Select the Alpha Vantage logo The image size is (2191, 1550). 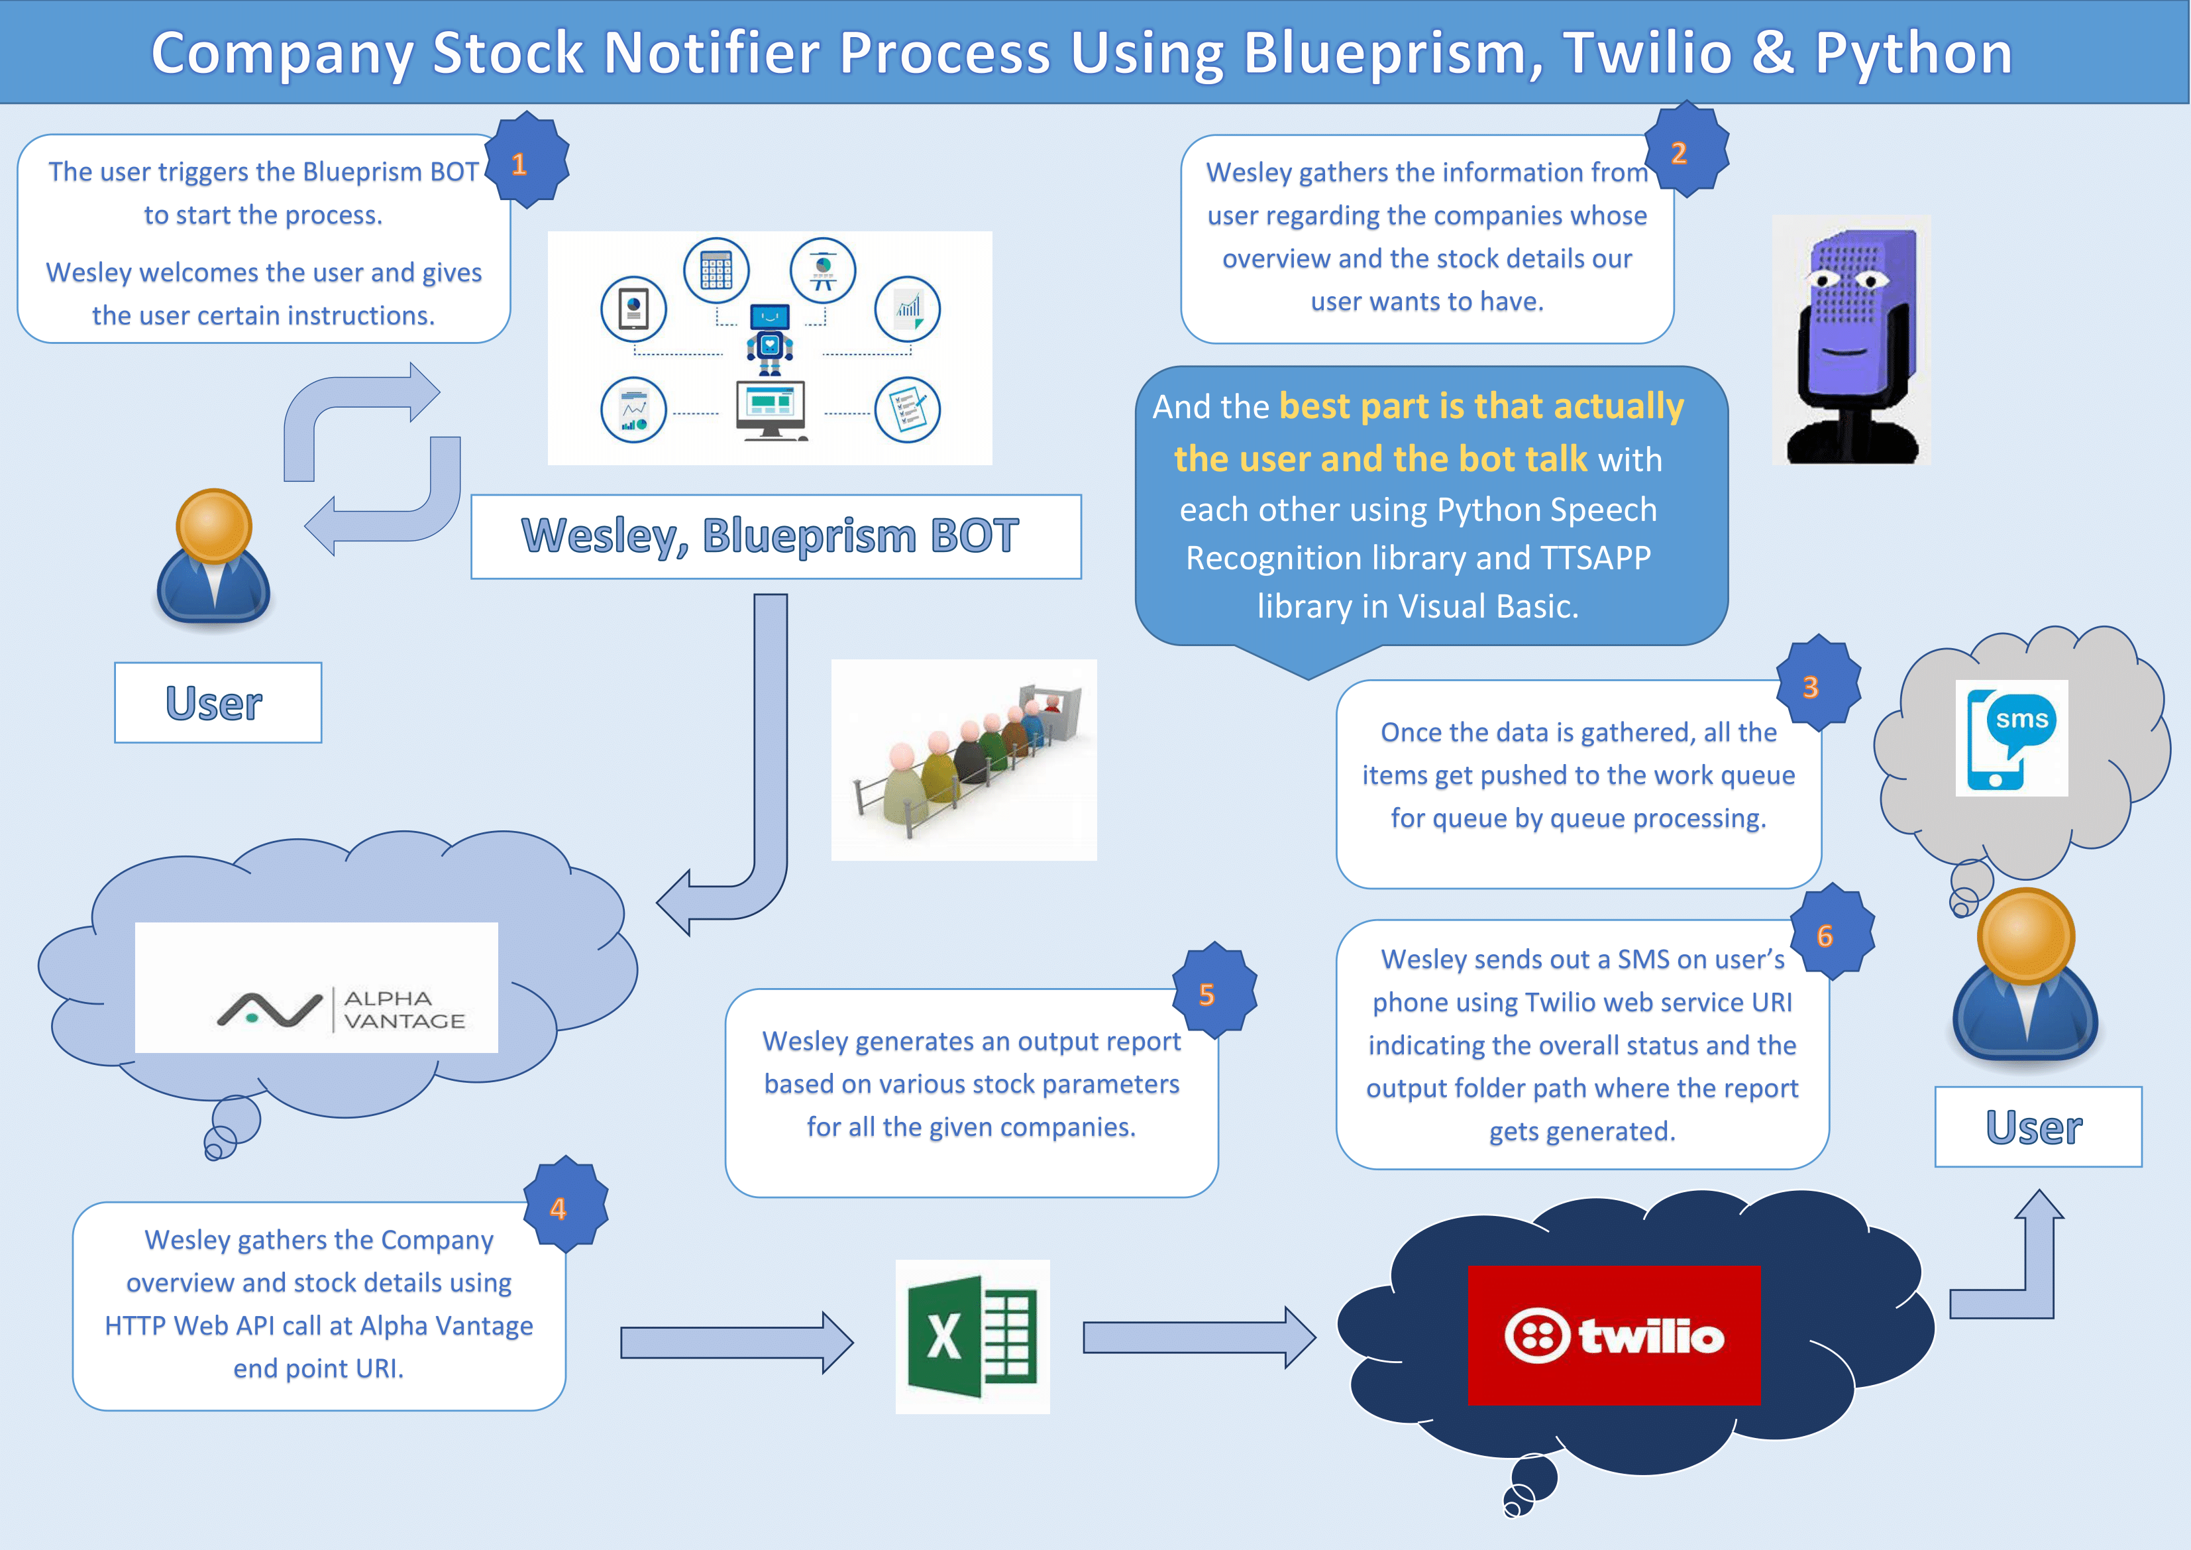click(x=316, y=988)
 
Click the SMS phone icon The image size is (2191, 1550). click(x=2011, y=738)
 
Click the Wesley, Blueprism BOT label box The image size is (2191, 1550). click(x=775, y=536)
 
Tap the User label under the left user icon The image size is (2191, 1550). click(x=217, y=702)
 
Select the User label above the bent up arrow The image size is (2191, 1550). click(x=2037, y=1127)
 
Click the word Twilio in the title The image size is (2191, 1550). click(x=1647, y=54)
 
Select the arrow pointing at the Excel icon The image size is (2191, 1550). click(x=735, y=1342)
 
